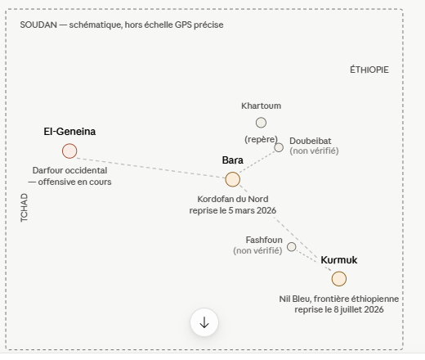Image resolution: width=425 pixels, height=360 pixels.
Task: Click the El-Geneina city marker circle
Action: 69,151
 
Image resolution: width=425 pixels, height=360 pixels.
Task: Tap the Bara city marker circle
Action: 233,179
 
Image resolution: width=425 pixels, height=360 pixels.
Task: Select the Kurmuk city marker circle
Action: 339,279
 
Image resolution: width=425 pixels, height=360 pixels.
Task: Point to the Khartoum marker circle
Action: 261,123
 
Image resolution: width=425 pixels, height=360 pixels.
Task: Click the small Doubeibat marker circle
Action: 279,147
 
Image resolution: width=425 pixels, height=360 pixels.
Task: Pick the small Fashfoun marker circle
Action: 292,247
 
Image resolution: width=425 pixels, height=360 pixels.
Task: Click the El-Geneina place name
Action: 69,132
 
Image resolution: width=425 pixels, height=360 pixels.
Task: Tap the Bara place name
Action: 233,160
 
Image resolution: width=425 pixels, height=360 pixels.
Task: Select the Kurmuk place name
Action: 339,260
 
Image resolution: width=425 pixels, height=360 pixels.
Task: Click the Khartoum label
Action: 261,106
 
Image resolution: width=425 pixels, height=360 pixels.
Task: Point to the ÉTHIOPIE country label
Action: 369,70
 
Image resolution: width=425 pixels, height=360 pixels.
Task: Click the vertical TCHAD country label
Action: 24,208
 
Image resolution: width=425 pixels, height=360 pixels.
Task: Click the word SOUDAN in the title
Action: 38,25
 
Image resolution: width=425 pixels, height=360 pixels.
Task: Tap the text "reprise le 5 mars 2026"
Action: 233,210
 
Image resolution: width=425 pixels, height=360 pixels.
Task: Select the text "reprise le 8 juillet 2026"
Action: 339,310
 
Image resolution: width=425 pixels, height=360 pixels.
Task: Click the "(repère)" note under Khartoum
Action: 261,139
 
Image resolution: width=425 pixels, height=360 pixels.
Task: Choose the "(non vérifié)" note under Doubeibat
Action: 314,151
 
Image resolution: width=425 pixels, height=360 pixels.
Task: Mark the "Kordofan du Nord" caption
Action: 233,199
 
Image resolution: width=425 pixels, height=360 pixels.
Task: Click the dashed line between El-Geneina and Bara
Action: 151,168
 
